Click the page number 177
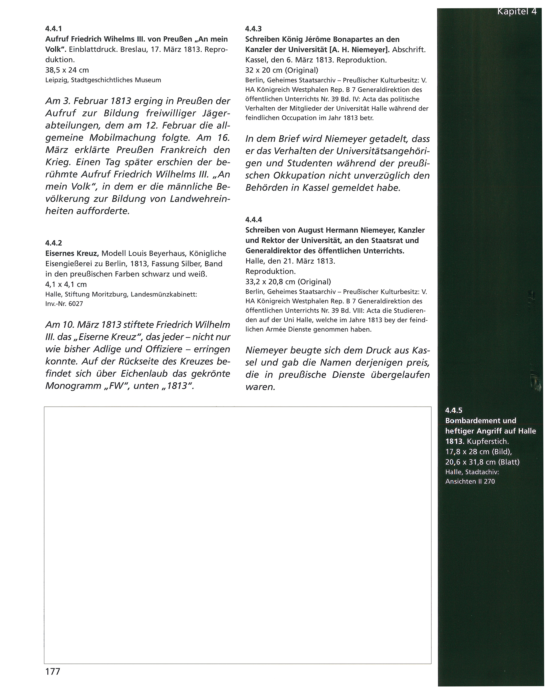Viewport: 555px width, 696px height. pyautogui.click(x=53, y=671)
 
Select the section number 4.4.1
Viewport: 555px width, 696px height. pyautogui.click(x=53, y=28)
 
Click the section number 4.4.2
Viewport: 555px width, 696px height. pyautogui.click(x=54, y=243)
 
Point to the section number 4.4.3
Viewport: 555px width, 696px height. pyautogui.click(x=253, y=29)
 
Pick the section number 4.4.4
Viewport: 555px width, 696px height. pyautogui.click(x=253, y=220)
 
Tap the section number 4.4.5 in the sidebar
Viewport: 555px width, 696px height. pyautogui.click(x=454, y=410)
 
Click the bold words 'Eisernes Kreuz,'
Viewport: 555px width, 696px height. pyautogui.click(x=72, y=253)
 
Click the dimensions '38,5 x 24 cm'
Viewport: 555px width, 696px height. pyautogui.click(x=67, y=70)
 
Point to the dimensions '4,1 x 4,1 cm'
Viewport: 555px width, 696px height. pyautogui.click(x=66, y=284)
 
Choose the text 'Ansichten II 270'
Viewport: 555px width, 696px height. pyautogui.click(x=470, y=481)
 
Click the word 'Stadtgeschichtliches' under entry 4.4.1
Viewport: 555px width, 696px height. pyautogui.click(x=101, y=80)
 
